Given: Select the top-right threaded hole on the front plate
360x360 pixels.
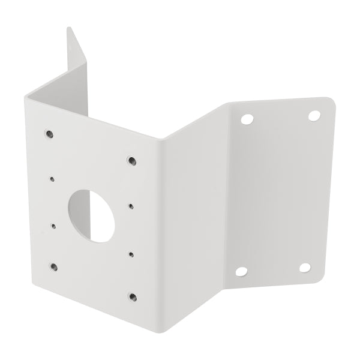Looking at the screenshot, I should click(x=131, y=160).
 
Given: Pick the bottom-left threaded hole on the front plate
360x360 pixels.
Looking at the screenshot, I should click(x=55, y=265).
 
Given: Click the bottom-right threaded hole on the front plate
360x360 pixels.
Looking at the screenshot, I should click(x=132, y=296).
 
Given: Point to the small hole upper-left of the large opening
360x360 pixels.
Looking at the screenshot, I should click(x=53, y=178).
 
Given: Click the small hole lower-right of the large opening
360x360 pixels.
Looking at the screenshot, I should click(x=130, y=254).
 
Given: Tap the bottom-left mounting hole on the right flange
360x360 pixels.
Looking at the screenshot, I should click(x=241, y=272).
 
